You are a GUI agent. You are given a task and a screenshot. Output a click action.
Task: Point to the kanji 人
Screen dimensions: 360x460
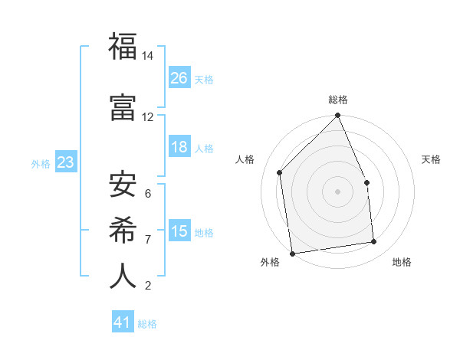coord(123,275)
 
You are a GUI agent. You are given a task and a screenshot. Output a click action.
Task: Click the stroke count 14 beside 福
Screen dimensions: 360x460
coord(147,57)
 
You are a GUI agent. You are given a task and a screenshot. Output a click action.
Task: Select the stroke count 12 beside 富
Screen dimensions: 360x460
coord(147,117)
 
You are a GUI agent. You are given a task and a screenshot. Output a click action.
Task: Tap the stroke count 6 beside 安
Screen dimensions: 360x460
coord(148,194)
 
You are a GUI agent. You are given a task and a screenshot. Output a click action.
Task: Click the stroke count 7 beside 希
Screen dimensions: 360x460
coord(148,240)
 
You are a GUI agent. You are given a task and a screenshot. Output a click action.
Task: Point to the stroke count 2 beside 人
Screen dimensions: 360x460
coord(148,286)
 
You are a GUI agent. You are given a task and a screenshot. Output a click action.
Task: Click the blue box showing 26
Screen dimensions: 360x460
coord(179,78)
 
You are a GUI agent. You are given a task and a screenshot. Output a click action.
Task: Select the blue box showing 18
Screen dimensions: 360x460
coord(179,147)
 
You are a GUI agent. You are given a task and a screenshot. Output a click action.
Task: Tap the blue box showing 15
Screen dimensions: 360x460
coord(179,231)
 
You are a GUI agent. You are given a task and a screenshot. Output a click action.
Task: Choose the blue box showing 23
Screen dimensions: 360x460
coord(66,162)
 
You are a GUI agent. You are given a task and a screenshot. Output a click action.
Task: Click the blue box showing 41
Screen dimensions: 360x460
coord(123,322)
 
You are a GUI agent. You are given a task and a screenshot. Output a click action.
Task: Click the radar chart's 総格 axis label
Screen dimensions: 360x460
coord(338,100)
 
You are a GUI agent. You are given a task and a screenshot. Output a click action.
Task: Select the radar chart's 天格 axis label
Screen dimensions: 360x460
coord(432,159)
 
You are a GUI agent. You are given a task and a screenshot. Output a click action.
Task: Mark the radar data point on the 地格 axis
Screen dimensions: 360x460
coord(374,242)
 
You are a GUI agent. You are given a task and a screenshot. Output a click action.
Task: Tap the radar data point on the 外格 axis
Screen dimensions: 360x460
coord(292,253)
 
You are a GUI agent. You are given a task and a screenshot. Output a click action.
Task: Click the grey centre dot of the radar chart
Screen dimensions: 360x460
coord(337,191)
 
